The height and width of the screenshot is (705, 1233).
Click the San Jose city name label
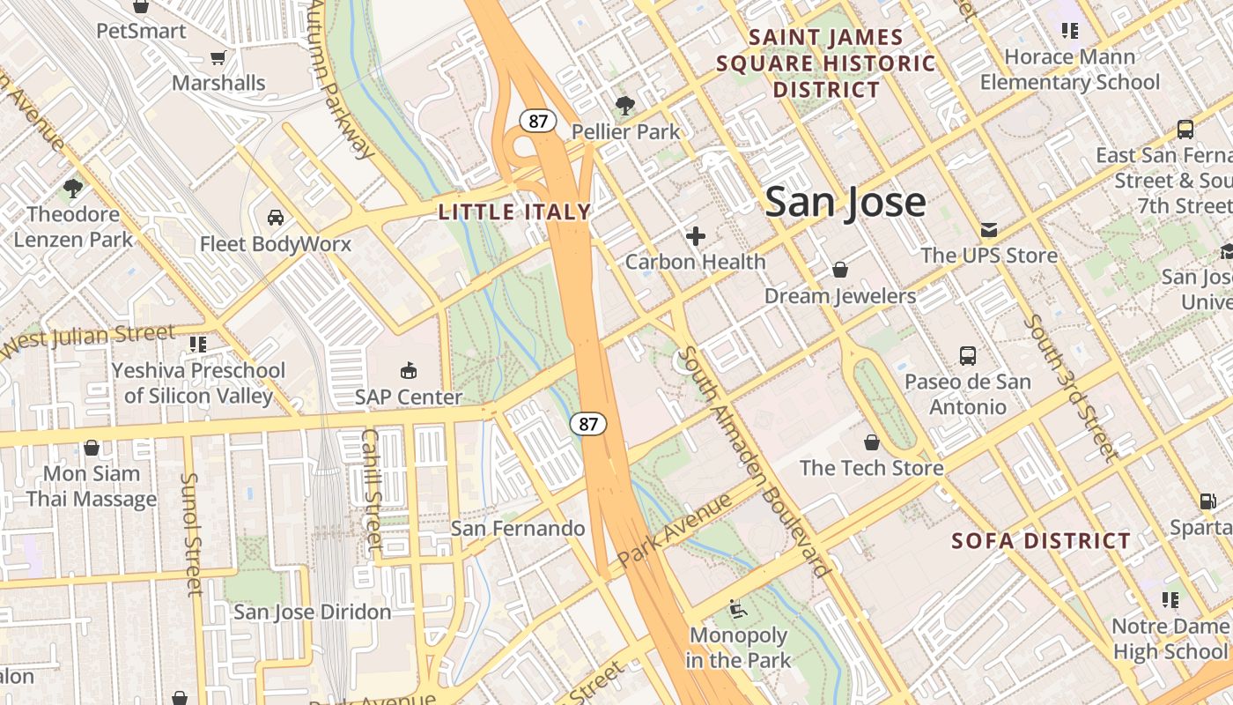(x=845, y=203)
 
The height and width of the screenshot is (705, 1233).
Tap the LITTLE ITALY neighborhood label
(x=514, y=212)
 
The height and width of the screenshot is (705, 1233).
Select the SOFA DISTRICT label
(x=1041, y=541)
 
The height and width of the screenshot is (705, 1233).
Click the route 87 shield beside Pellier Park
(x=537, y=121)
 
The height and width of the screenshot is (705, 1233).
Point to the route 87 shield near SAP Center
(x=588, y=424)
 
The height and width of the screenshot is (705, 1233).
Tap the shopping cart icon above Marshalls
(x=218, y=58)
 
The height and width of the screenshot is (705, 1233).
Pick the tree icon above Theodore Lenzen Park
(x=73, y=188)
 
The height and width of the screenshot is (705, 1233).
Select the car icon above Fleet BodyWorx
(x=275, y=218)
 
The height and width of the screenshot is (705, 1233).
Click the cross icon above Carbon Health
(x=696, y=236)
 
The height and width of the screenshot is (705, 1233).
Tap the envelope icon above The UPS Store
(x=988, y=230)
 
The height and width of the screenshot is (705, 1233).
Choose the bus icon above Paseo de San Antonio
(x=968, y=356)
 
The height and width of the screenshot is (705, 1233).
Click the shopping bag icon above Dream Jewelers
(x=840, y=270)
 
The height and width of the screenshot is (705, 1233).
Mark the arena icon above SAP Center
(x=408, y=370)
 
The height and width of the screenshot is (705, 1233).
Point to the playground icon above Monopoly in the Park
(x=737, y=608)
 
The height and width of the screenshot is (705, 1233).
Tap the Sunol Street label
(x=191, y=534)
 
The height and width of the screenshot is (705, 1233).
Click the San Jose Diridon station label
(x=312, y=612)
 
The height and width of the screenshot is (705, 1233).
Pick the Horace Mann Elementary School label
(x=1069, y=70)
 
